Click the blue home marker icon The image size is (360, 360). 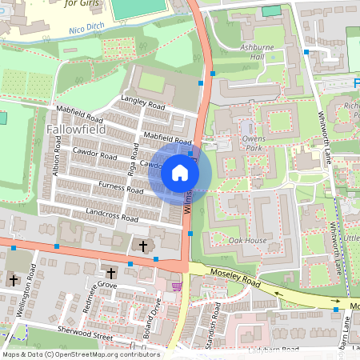(179, 172)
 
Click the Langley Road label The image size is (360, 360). (142, 105)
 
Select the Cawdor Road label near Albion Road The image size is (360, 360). (94, 153)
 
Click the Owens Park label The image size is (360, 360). (254, 144)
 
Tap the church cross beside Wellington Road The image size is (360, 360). (14, 280)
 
